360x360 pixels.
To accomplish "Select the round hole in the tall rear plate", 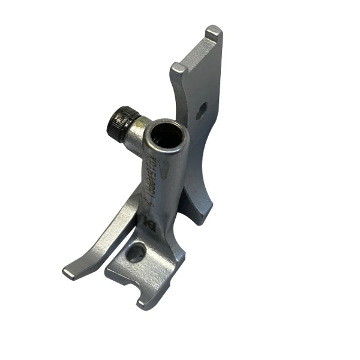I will click(x=202, y=110).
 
